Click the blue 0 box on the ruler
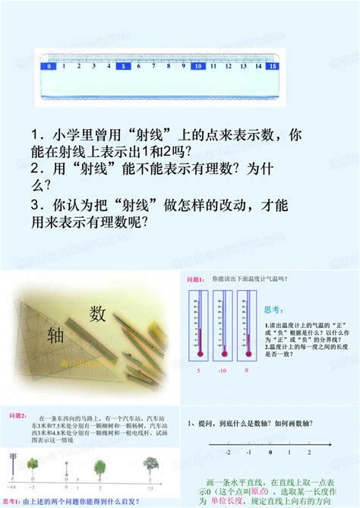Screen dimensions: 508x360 click(49, 66)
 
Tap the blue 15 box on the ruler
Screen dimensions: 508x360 click(271, 66)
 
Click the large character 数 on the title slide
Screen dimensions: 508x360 click(97, 313)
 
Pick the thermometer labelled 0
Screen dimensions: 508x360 click(247, 326)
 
